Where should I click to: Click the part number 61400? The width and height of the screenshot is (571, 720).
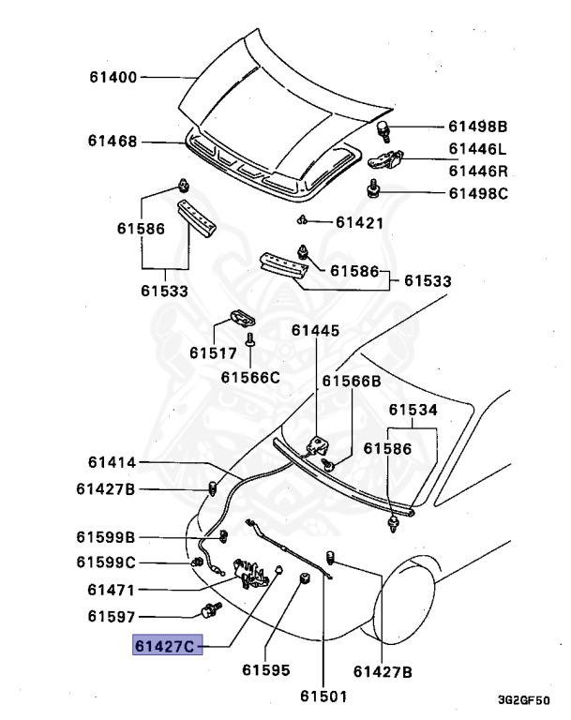(113, 77)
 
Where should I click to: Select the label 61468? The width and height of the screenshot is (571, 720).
(113, 142)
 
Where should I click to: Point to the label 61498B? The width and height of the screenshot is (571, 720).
(476, 127)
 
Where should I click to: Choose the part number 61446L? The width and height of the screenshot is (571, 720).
(476, 149)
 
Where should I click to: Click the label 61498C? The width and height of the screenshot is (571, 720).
(476, 193)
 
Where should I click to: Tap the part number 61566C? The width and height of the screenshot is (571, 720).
(250, 377)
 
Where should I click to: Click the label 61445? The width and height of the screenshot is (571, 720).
(315, 330)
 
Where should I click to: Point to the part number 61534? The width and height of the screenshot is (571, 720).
(413, 410)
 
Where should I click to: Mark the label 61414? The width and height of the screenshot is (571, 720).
(113, 462)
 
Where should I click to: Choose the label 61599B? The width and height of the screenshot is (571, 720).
(106, 537)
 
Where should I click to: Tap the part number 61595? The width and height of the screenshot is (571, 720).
(265, 671)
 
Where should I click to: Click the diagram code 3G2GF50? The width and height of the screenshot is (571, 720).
(523, 700)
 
